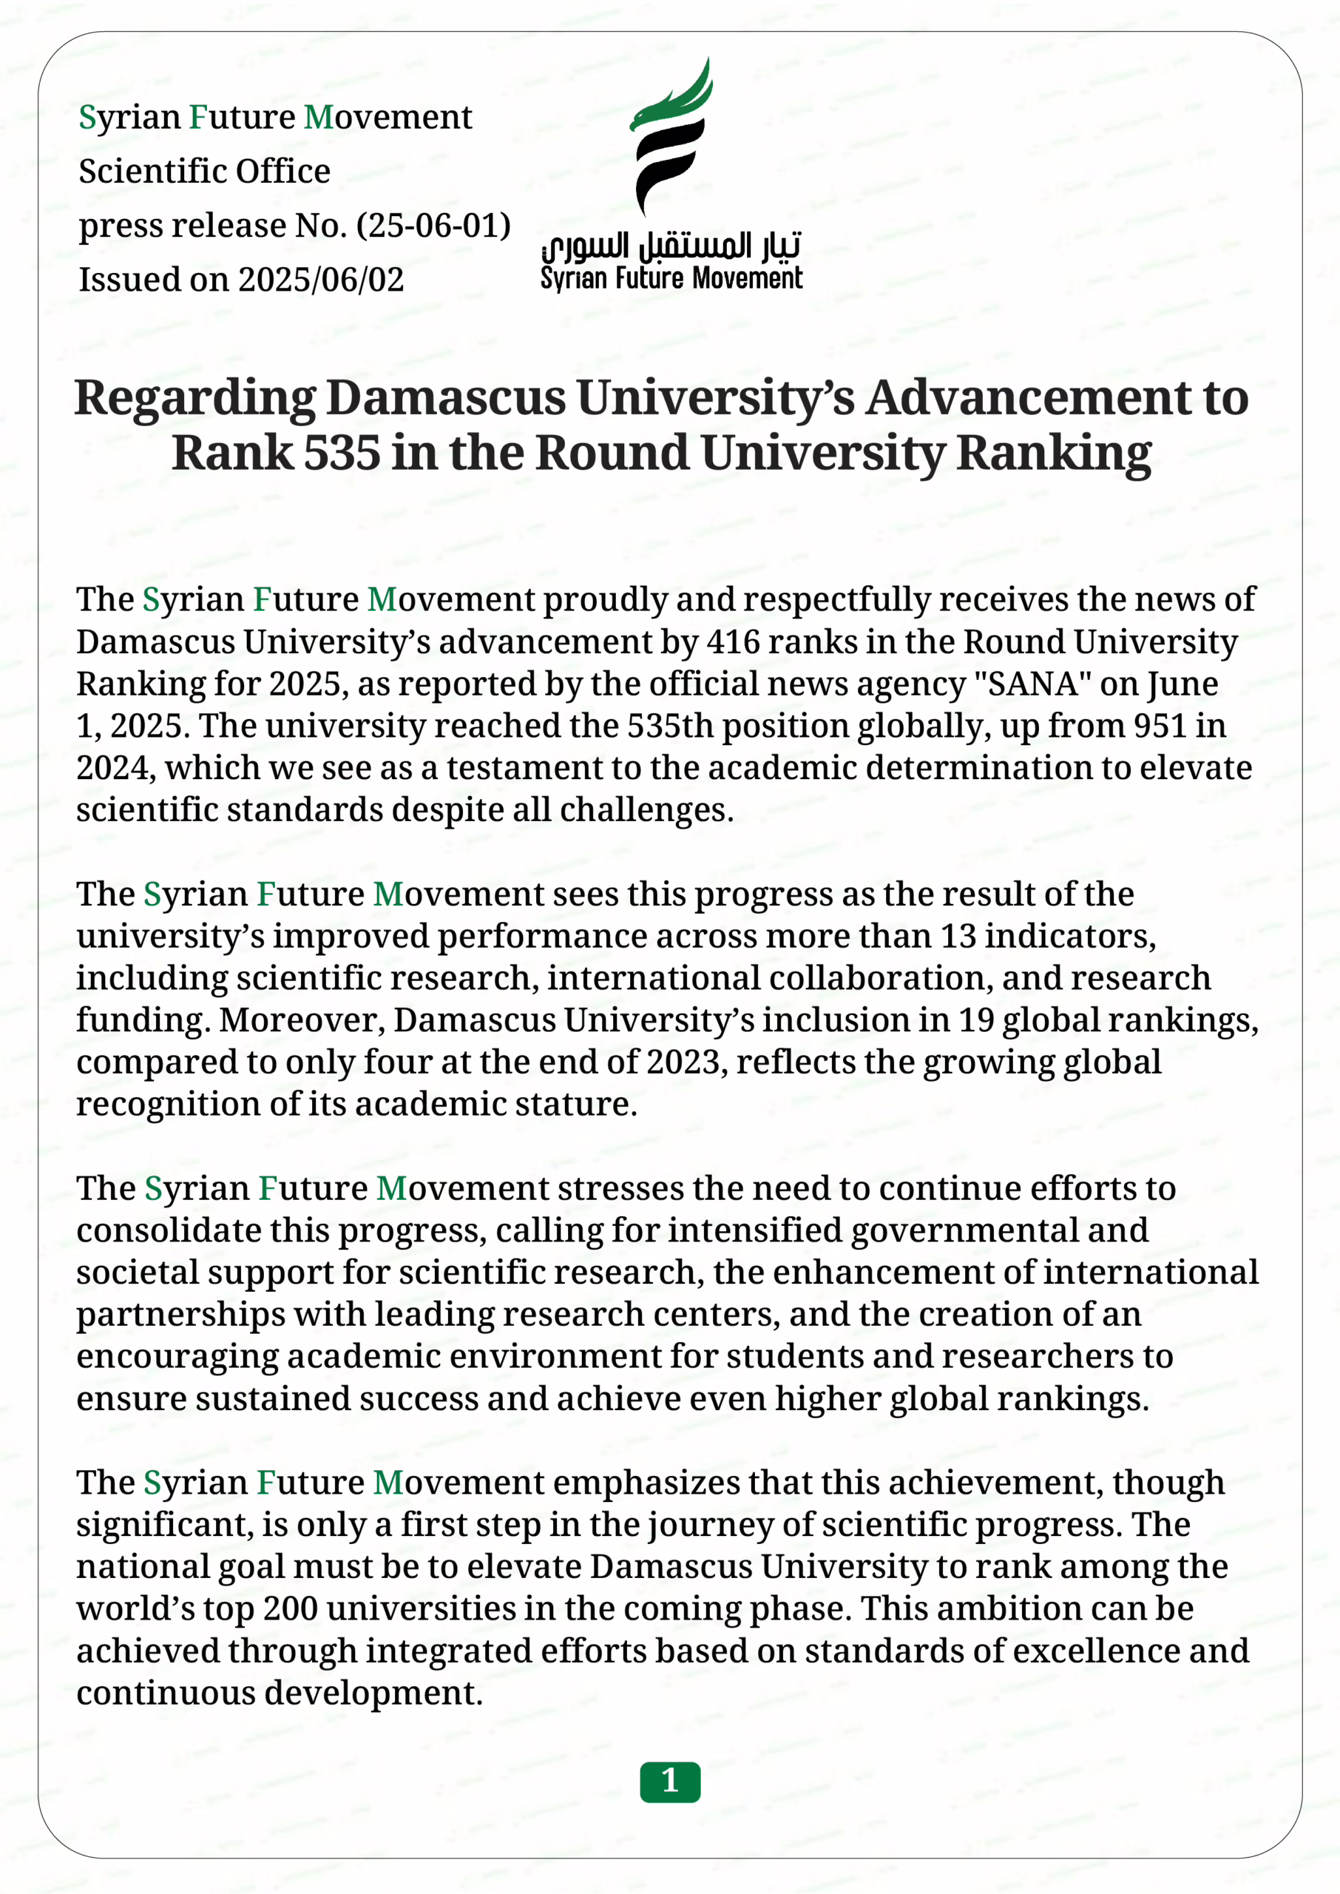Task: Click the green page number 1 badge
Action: (670, 1782)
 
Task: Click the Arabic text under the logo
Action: (671, 244)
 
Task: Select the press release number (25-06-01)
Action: (434, 226)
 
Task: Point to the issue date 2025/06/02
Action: (321, 280)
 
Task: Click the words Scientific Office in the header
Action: (205, 171)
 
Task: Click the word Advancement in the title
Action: (1028, 398)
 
